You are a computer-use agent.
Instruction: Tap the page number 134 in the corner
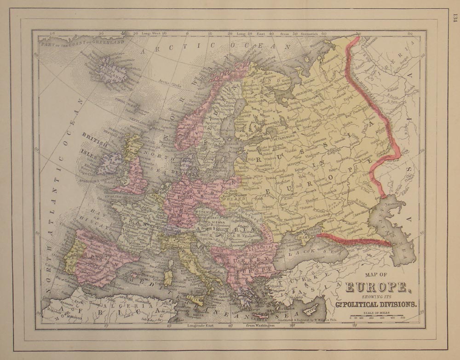[454, 18]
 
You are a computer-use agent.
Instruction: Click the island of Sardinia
[168, 278]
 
